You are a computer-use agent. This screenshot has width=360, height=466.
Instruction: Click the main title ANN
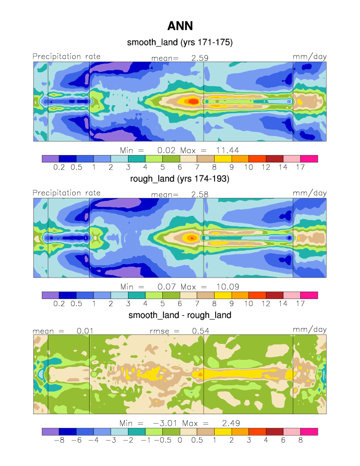(180, 25)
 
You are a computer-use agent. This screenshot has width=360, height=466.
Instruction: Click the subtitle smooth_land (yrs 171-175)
(180, 43)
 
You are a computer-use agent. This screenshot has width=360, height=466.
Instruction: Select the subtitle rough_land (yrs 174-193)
(180, 179)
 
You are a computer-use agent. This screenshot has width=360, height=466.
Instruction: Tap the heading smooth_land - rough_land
(180, 315)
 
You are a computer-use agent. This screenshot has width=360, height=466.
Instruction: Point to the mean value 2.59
(200, 58)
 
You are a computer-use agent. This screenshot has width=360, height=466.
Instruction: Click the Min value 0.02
(165, 150)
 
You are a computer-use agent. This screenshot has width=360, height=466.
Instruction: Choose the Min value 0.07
(165, 287)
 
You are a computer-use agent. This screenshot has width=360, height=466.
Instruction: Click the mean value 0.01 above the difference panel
(85, 330)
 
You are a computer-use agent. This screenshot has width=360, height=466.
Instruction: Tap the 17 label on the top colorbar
(300, 167)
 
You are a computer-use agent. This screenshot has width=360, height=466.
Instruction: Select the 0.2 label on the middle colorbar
(59, 304)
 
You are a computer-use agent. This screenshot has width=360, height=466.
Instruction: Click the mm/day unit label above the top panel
(310, 56)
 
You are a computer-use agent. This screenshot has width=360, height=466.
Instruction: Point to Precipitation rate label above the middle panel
(67, 193)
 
